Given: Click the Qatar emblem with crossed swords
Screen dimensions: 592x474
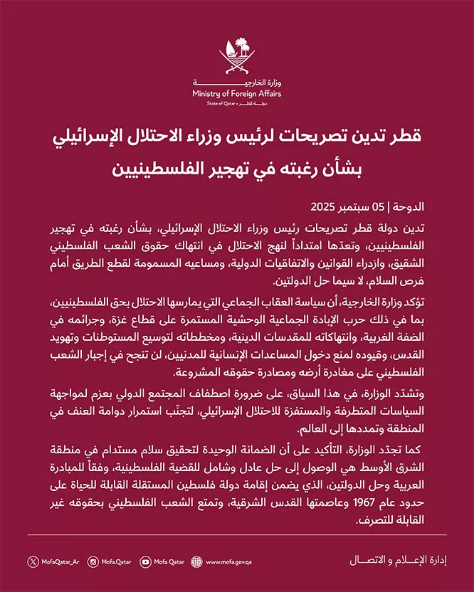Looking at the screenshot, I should pyautogui.click(x=236, y=57).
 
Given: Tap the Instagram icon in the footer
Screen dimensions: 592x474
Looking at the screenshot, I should pyautogui.click(x=93, y=561).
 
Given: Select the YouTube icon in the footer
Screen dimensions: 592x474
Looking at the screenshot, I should pyautogui.click(x=146, y=561).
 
